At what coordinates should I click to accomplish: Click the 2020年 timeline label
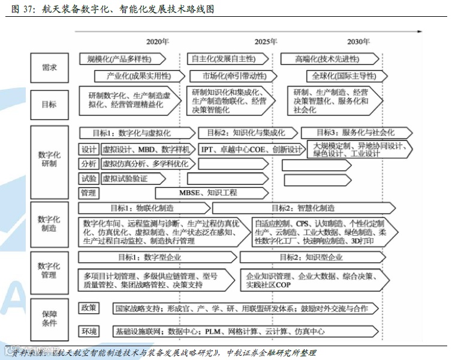pos(158,42)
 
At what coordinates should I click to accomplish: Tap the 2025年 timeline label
pos(266,42)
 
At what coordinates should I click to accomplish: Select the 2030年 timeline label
pos(358,42)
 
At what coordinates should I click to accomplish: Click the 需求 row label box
pos(49,68)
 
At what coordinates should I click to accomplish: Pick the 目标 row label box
pos(49,104)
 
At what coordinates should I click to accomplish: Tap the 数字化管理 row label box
pos(49,271)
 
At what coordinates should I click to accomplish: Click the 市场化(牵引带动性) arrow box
pos(227,76)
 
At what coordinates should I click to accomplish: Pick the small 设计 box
pos(89,149)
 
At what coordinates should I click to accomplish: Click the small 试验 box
pos(89,178)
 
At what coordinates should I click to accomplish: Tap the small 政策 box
pos(89,308)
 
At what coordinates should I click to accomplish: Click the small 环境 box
pos(89,331)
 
